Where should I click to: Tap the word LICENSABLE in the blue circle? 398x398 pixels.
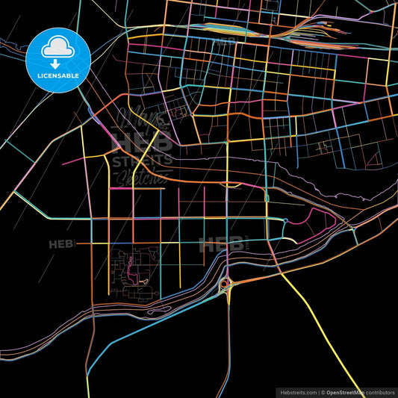click(x=58, y=77)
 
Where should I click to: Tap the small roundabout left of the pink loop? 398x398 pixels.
click(x=286, y=220)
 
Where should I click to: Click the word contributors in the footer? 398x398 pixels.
click(x=379, y=391)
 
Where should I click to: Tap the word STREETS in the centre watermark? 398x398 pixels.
click(x=142, y=159)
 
